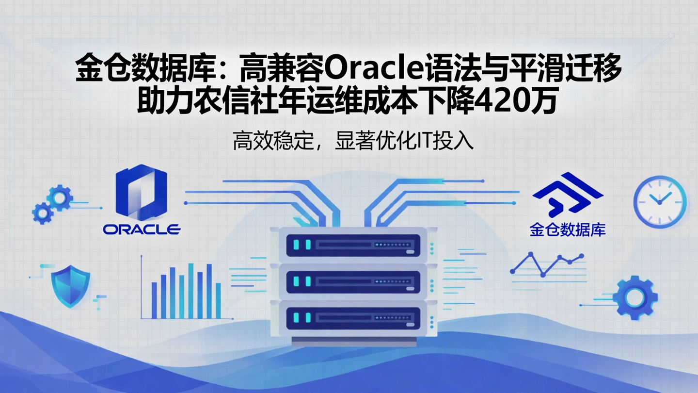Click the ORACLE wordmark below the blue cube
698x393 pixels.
pos(142,229)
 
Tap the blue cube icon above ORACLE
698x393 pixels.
pos(141,192)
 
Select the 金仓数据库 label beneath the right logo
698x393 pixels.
pos(568,229)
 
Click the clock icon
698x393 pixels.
pos(660,201)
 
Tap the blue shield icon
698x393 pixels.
pos(70,285)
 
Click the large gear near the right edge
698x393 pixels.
pos(635,297)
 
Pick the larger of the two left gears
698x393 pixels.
pos(60,198)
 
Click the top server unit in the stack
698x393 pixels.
pos(353,245)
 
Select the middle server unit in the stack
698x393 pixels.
pos(353,281)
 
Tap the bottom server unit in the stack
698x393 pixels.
pos(353,318)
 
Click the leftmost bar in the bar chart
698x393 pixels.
pos(154,300)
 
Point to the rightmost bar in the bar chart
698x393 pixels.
pos(218,300)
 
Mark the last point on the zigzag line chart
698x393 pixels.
pos(581,256)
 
